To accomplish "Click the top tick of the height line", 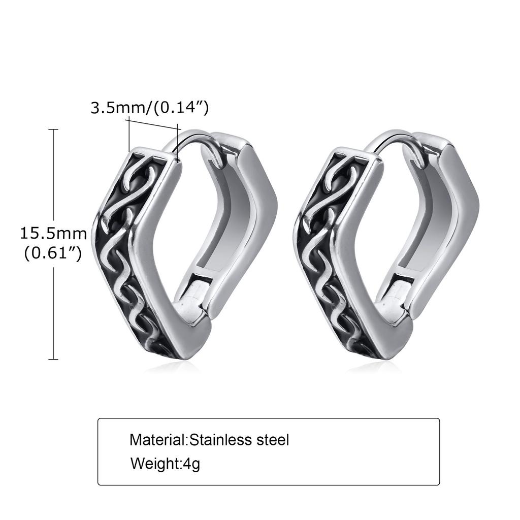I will (53, 130).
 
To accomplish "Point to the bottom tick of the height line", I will (53, 359).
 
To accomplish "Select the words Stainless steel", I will (239, 439).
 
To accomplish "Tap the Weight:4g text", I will (165, 463).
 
